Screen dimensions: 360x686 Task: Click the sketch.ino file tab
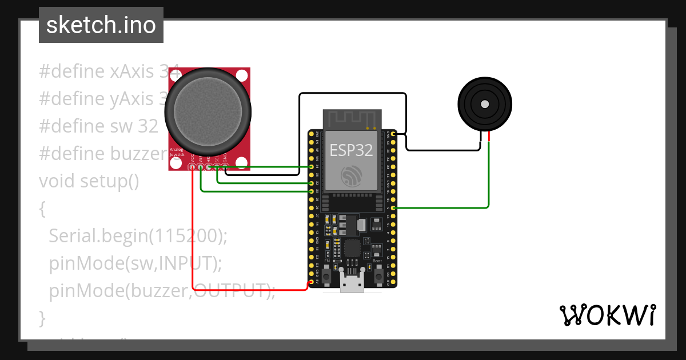click(101, 25)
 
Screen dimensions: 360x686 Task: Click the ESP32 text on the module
click(351, 150)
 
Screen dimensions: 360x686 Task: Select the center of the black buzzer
click(485, 104)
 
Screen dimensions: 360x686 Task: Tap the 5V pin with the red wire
click(311, 282)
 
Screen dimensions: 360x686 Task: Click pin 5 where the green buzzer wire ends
click(393, 208)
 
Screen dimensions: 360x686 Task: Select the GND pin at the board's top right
click(393, 133)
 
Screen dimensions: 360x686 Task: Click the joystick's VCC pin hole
click(193, 167)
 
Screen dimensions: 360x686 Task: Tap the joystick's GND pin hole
click(225, 167)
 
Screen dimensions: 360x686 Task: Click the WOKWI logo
click(607, 315)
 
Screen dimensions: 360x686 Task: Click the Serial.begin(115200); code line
click(138, 235)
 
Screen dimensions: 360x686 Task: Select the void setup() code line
click(89, 181)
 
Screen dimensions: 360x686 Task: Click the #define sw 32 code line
click(98, 126)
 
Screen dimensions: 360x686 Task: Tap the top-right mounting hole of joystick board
click(242, 75)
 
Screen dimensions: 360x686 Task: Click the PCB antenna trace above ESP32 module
click(352, 120)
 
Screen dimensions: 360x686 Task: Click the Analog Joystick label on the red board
click(176, 152)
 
